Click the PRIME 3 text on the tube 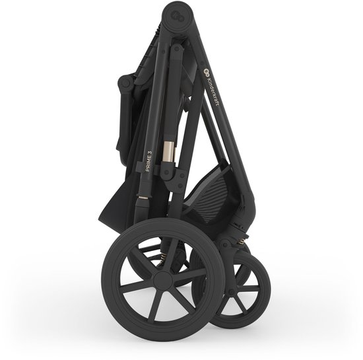pos(149,162)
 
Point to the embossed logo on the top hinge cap pos(176,16)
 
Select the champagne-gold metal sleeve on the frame pos(169,153)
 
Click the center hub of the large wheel pos(163,281)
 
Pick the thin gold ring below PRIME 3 pos(143,198)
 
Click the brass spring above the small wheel pos(242,241)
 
